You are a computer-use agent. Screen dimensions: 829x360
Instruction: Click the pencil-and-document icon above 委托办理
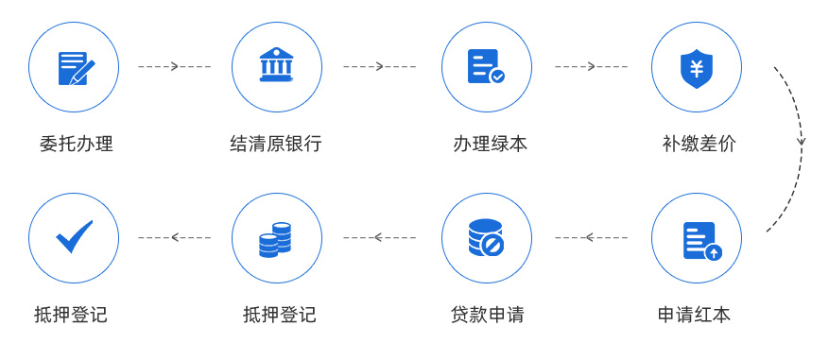coord(74,67)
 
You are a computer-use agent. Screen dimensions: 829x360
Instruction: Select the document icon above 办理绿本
coord(486,67)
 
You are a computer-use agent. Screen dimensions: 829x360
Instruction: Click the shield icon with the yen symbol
coord(696,67)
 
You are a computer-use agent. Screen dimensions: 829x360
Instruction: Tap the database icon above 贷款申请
coord(486,238)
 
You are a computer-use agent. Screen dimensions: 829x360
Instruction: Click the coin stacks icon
coord(276,238)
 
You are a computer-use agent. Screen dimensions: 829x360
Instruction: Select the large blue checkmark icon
coord(74,236)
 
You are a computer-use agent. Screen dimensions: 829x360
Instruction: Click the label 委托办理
coord(76,145)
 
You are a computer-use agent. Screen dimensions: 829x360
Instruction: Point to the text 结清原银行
coord(276,145)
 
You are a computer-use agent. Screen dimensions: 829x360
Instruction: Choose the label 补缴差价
coord(699,145)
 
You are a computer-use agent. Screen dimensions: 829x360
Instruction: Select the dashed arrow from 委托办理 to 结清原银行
coord(174,67)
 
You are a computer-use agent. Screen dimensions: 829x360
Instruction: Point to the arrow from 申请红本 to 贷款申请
coord(591,237)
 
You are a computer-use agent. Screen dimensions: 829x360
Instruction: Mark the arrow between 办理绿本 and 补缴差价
coord(591,67)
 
